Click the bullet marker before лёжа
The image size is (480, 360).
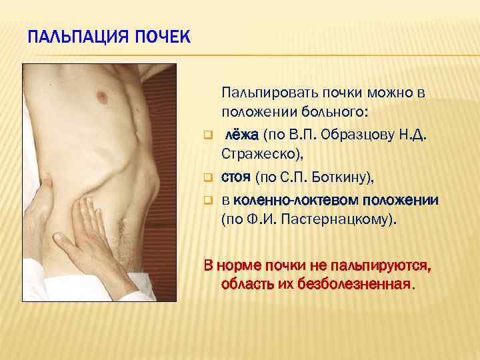coord(207,137)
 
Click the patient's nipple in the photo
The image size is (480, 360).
coord(102,97)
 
